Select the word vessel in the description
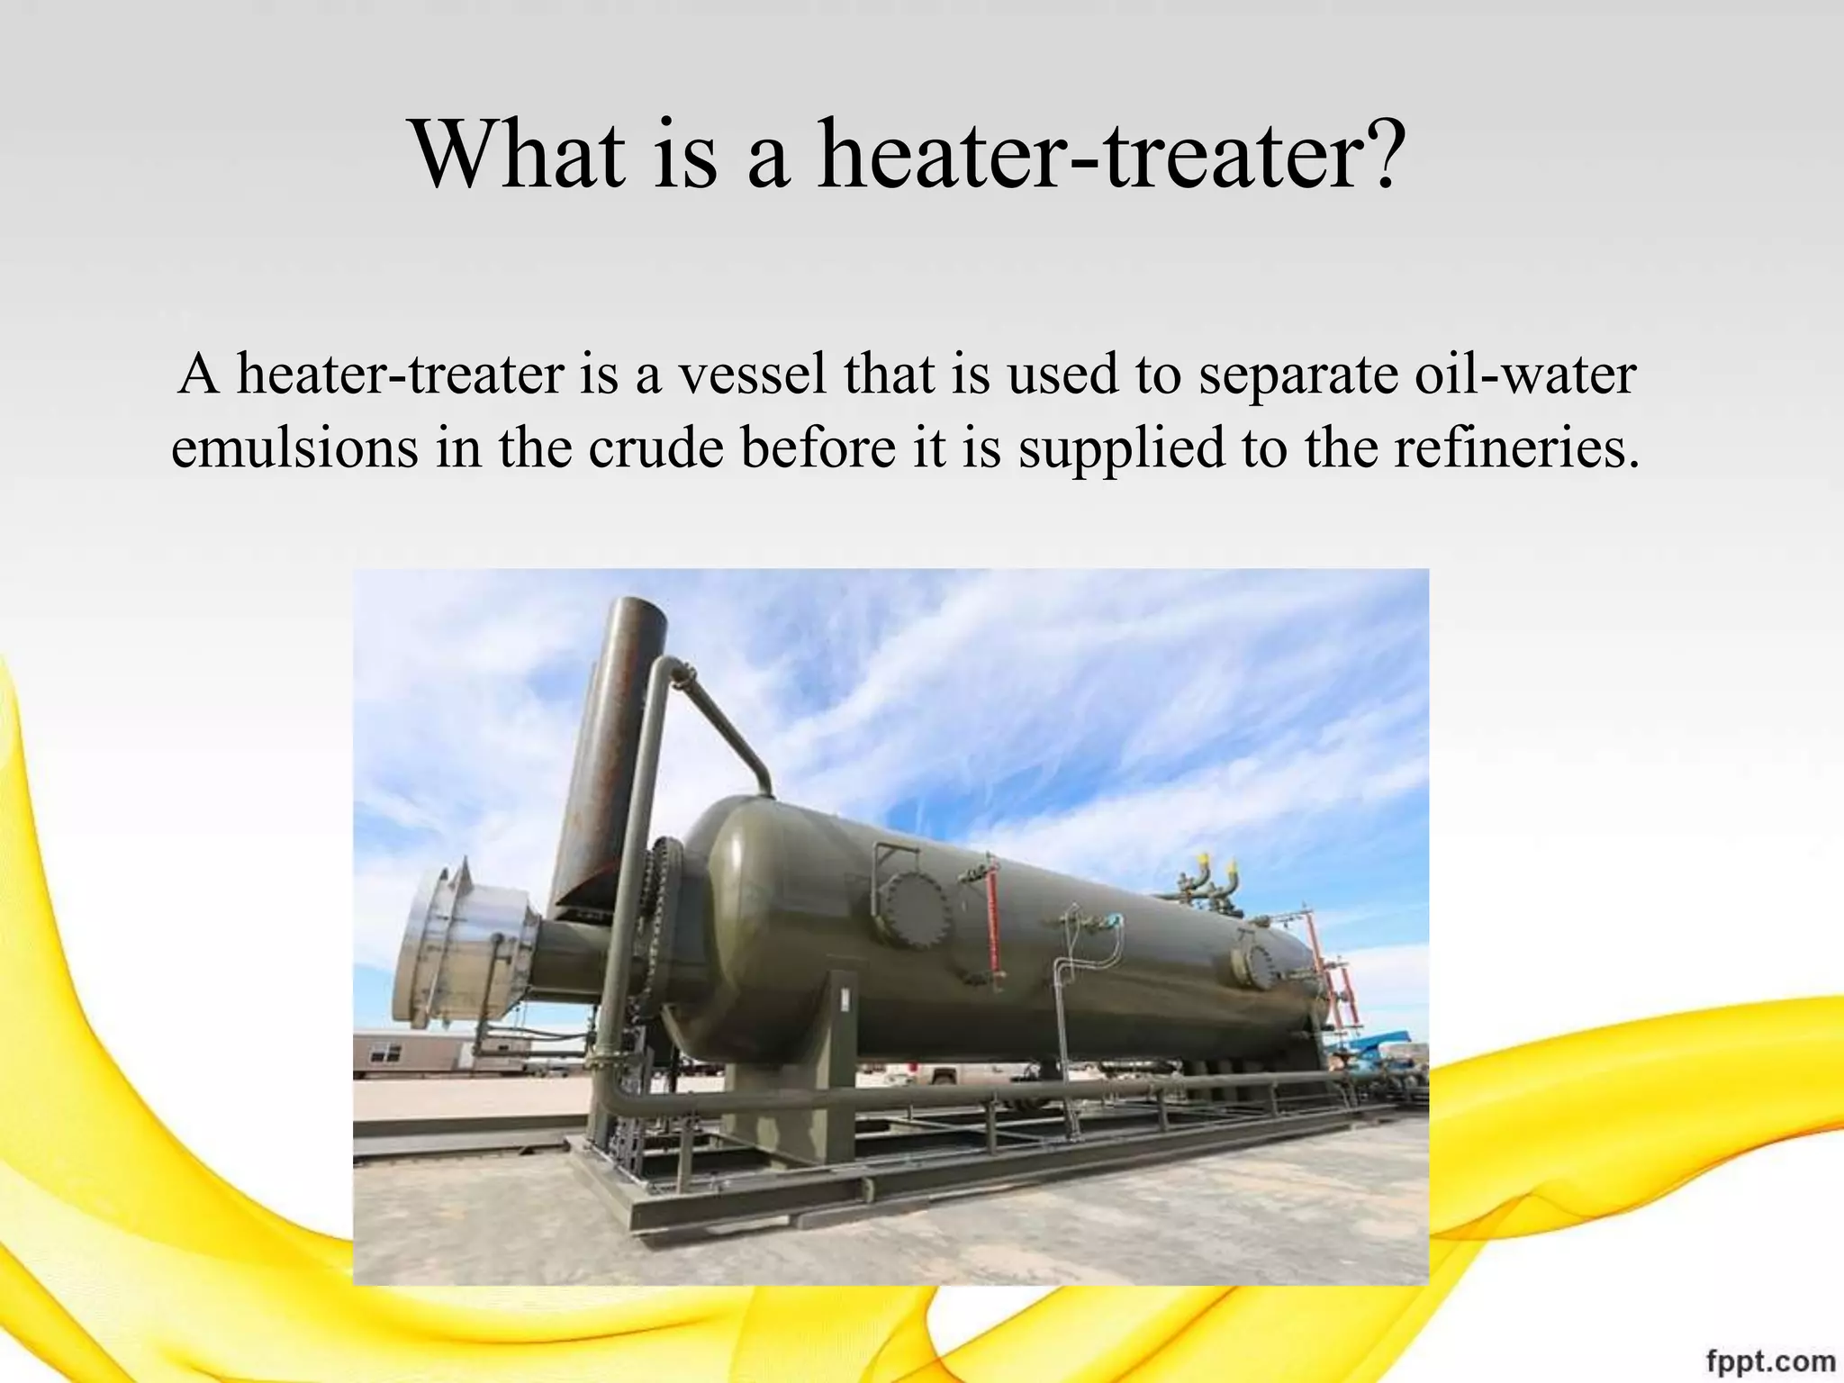coord(751,374)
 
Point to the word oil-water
coord(1524,374)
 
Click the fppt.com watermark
coord(1770,1360)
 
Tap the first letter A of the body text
coord(198,374)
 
